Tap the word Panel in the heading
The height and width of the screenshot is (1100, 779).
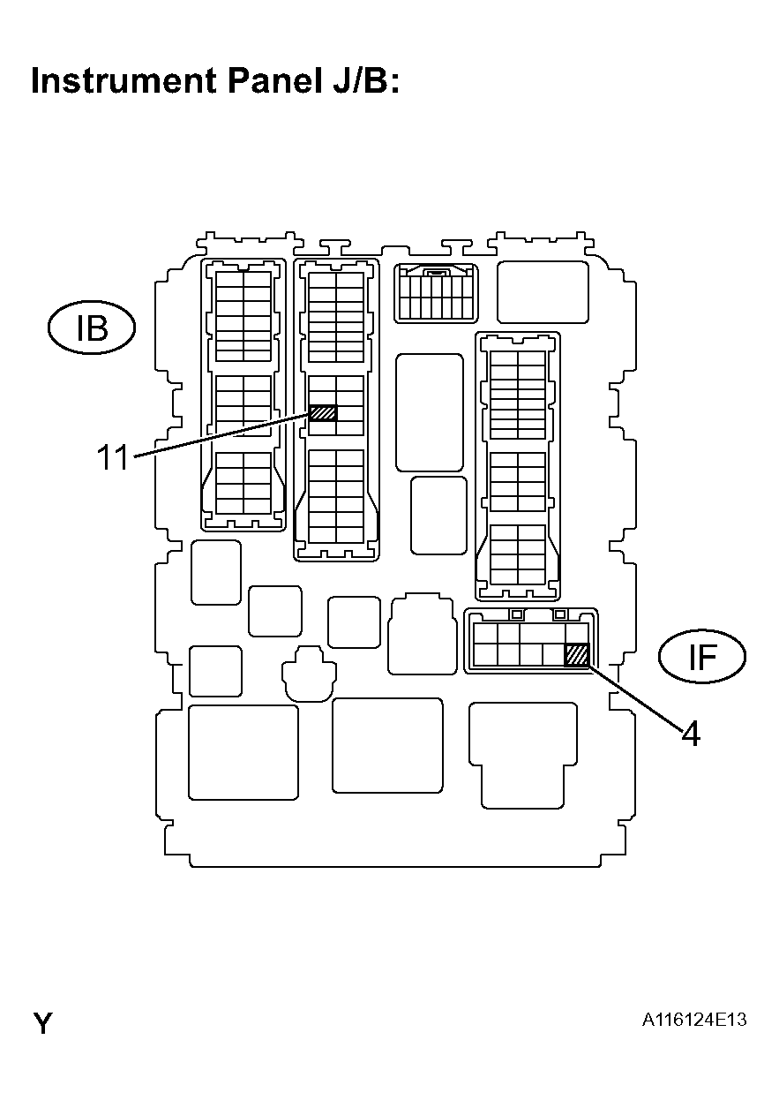point(262,80)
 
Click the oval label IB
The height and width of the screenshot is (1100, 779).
point(91,328)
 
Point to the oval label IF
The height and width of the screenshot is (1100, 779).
point(702,657)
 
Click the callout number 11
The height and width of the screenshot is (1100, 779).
point(113,459)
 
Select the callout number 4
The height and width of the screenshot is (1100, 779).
point(692,734)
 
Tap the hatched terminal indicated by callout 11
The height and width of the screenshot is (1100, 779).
point(324,412)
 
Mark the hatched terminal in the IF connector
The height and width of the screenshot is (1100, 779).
point(577,655)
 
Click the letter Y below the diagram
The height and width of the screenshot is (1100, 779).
point(42,1024)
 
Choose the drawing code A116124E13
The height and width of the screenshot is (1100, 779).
point(694,1021)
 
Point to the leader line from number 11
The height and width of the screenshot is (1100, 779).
point(221,435)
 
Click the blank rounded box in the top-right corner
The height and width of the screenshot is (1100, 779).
point(543,292)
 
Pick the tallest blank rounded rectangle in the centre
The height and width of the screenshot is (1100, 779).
point(430,412)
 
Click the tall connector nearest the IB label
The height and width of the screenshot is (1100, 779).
point(244,394)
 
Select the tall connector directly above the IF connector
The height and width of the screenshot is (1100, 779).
point(518,463)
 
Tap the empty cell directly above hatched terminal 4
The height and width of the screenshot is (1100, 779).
point(577,634)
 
